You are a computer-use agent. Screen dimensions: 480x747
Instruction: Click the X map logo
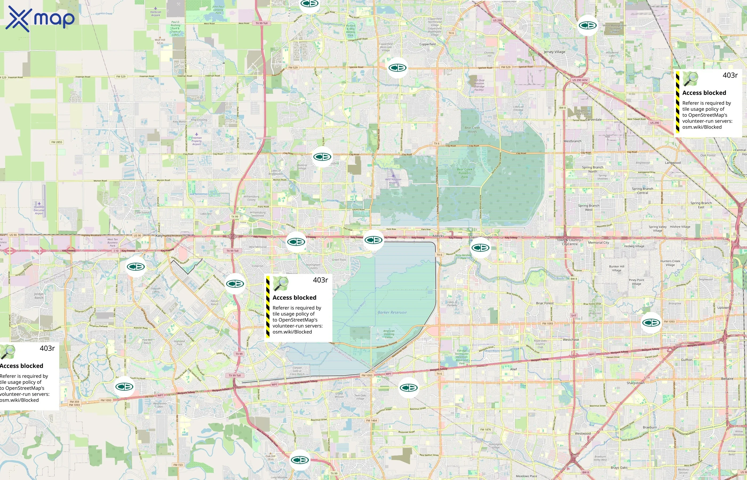pos(40,19)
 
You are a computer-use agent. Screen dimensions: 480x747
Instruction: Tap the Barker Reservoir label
pos(392,312)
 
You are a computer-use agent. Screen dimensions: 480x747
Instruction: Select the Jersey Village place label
pos(554,52)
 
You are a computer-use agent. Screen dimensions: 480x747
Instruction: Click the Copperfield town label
pos(427,44)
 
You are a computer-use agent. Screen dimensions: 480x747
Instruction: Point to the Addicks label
pos(438,236)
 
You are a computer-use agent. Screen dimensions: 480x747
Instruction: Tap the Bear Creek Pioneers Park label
pos(464,173)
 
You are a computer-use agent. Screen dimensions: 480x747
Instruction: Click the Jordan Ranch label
pos(39,296)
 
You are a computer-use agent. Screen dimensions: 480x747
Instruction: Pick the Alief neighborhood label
pos(513,369)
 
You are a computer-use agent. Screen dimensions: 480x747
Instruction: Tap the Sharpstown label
pos(635,383)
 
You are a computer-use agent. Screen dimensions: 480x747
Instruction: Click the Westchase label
pos(571,340)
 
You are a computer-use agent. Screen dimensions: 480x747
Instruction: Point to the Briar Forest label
pos(545,303)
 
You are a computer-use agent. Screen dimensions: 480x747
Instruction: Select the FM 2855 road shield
pos(57,142)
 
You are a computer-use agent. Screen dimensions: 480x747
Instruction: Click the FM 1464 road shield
pos(371,421)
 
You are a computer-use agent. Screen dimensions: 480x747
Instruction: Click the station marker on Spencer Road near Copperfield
pos(397,68)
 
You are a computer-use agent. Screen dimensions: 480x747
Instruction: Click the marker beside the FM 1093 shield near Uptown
pos(651,323)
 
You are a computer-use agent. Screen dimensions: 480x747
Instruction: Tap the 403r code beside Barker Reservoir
pos(320,280)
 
